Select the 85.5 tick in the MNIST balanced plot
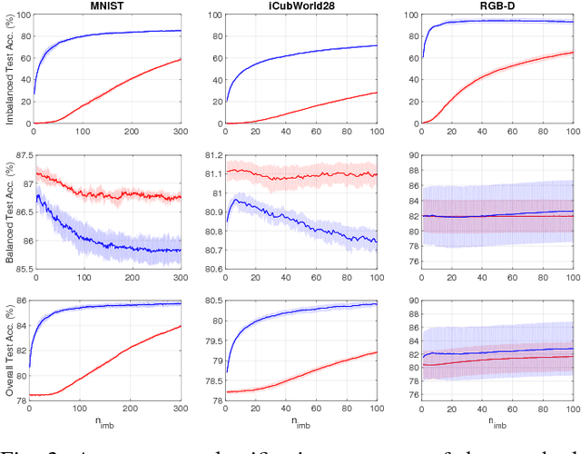[17, 270]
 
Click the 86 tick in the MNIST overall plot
[20, 301]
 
